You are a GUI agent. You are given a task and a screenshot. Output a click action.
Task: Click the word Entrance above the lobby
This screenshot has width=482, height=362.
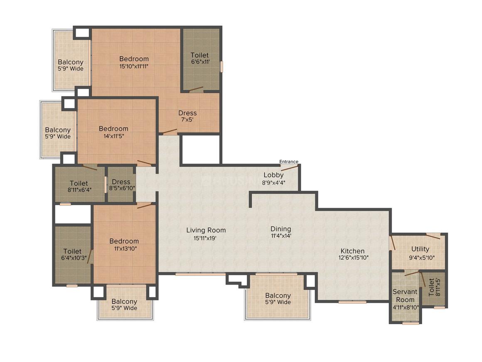coord(288,162)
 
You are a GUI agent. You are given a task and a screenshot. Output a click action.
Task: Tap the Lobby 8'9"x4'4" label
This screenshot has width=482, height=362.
coord(273,179)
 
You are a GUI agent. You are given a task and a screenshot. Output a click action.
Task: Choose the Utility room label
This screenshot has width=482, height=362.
coord(420,253)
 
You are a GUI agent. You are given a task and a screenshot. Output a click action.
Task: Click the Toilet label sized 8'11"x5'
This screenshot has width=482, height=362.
coord(431,287)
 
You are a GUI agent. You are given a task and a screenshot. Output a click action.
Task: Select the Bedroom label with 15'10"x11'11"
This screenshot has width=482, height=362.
coord(134,62)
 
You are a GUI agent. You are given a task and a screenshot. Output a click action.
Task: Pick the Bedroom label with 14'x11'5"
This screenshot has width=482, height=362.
coord(113,132)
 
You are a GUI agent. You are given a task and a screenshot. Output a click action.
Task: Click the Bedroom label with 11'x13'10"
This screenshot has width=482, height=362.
coord(124,245)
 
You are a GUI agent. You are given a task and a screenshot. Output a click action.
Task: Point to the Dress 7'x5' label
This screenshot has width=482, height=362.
coord(187,116)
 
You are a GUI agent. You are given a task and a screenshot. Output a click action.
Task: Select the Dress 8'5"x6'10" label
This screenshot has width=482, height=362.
coord(121,185)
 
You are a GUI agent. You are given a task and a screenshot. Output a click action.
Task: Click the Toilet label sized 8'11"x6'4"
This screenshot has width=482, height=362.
coord(79,186)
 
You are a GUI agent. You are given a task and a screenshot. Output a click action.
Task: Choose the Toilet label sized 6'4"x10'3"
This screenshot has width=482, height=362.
coord(72,255)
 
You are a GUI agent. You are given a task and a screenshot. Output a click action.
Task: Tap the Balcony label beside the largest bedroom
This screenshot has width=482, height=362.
coord(70,65)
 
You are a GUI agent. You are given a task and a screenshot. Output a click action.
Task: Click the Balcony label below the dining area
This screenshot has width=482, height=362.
coord(278,299)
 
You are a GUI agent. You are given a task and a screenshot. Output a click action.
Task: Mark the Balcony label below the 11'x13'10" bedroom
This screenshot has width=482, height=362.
coord(124,305)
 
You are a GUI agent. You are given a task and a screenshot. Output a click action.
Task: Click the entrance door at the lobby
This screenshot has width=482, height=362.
coord(289,168)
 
